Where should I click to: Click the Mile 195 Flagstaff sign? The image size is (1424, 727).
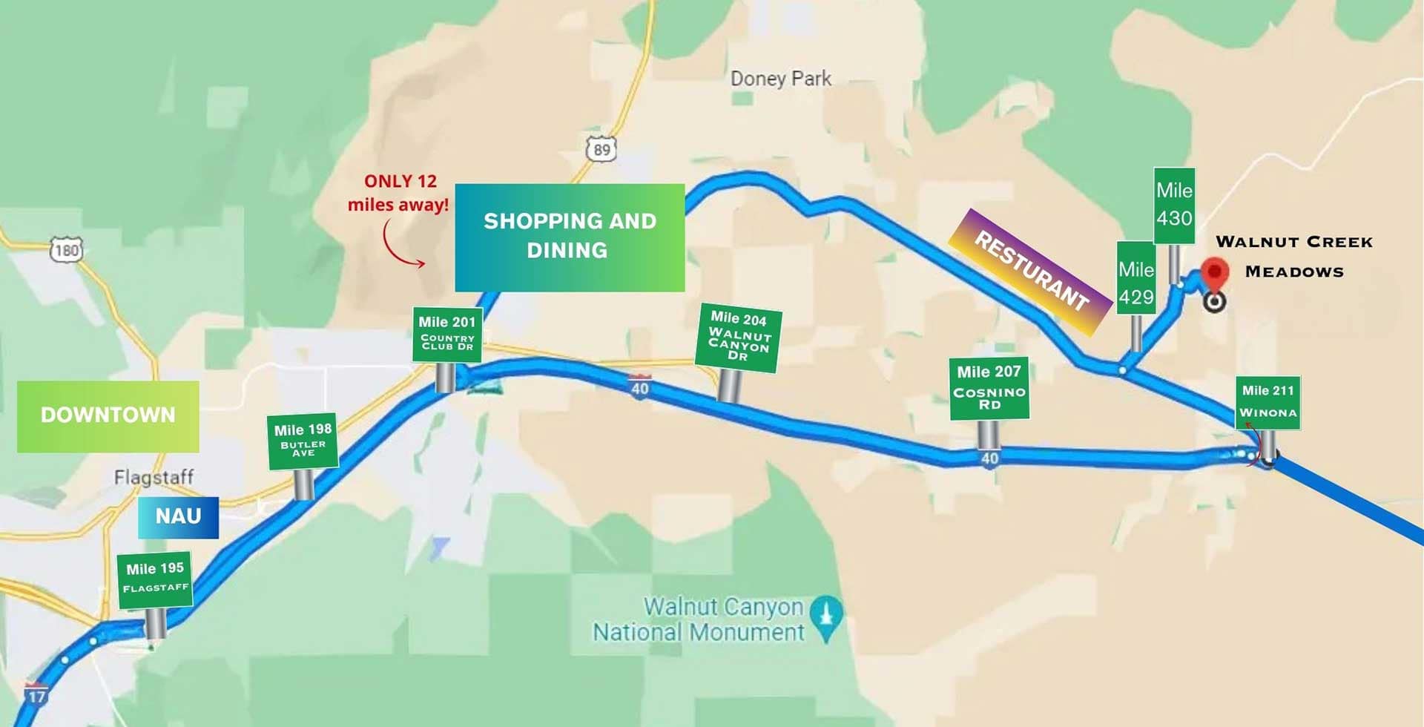coord(154,579)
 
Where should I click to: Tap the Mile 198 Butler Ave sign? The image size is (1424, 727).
coord(303,441)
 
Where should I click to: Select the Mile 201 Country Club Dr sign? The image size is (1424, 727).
coord(447,335)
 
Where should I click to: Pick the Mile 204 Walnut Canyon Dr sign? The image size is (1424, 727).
coord(738,338)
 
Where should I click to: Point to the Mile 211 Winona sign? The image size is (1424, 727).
coord(1268,402)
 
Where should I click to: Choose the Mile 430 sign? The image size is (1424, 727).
coord(1174,205)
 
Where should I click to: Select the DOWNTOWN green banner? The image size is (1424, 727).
coord(108,415)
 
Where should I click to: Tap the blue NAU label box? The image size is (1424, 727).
coord(178,516)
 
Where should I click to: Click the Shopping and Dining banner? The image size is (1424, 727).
coord(570,237)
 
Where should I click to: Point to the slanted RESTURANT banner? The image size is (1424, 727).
coord(1032,271)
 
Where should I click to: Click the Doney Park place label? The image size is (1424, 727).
coord(780,79)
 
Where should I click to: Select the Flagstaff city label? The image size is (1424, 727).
coord(154,476)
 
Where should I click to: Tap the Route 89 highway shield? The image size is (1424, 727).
coord(601,149)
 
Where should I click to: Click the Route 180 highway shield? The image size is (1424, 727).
coord(66,250)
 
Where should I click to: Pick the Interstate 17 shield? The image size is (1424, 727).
coord(36,694)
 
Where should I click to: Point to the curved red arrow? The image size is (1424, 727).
coord(401,245)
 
